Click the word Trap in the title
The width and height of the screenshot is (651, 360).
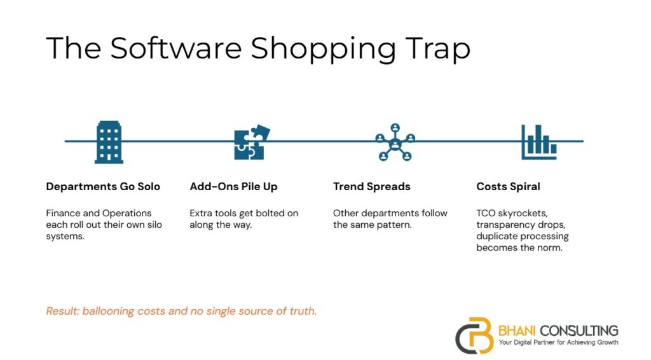437,48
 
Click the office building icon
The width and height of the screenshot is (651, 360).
109,142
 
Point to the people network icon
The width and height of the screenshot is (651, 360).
395,142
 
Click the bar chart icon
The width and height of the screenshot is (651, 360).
539,142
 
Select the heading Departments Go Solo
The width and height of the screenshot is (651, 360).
103,186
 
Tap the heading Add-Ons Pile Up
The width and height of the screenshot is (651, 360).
233,186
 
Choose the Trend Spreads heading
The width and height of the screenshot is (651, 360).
371,186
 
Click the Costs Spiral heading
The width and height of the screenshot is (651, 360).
508,186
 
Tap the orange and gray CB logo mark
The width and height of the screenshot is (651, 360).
475,335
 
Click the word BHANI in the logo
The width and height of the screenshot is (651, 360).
517,331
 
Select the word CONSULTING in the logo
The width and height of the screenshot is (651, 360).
579,331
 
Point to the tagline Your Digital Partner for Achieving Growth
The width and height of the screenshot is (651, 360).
558,343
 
